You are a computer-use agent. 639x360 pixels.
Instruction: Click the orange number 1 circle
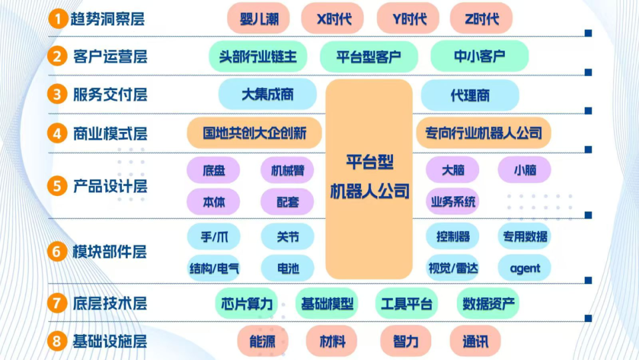[x=57, y=19]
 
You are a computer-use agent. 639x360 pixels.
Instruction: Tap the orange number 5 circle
[x=57, y=186]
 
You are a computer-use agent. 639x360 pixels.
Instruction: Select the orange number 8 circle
[x=57, y=341]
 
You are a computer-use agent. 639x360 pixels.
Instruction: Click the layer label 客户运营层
[x=110, y=57]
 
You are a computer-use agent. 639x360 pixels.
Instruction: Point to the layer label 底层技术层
[x=110, y=304]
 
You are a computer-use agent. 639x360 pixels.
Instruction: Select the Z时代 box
[x=481, y=18]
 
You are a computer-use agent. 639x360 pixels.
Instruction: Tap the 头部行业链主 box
[x=259, y=57]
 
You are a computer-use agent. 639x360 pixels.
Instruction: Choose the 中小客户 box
[x=479, y=57]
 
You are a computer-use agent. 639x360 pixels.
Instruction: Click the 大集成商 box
[x=267, y=94]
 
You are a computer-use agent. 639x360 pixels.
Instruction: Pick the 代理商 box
[x=470, y=95]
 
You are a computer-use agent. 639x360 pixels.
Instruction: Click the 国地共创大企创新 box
[x=254, y=133]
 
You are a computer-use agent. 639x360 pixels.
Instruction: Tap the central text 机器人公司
[x=369, y=191]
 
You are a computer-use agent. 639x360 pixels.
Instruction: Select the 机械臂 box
[x=288, y=171]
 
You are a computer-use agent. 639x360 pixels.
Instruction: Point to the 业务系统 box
[x=453, y=202]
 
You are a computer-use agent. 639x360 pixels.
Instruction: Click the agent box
[x=525, y=268]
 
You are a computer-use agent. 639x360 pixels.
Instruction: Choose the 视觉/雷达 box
[x=453, y=268]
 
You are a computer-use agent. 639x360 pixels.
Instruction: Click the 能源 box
[x=263, y=341]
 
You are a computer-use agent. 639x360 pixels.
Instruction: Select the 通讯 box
[x=475, y=341]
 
